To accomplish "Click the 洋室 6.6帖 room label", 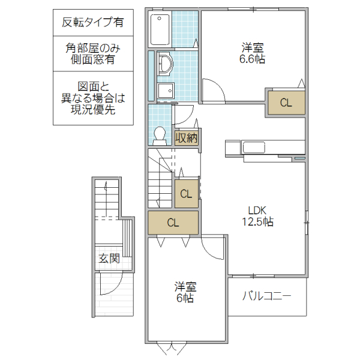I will [x=253, y=53].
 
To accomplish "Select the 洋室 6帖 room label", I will [x=185, y=293].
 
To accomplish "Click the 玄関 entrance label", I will [x=109, y=259].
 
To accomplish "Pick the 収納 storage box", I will [x=187, y=137].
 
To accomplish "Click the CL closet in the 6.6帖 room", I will [x=286, y=103].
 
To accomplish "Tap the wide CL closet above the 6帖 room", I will [x=173, y=223].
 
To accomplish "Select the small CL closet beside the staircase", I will [x=186, y=193].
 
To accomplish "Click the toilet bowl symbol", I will [x=160, y=135].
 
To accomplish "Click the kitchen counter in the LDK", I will [x=264, y=147].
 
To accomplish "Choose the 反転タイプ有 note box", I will [x=93, y=23].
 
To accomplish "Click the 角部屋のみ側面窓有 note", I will [x=93, y=54].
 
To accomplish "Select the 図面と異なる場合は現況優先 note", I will [x=93, y=98].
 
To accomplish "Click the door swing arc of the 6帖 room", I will [x=214, y=246].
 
